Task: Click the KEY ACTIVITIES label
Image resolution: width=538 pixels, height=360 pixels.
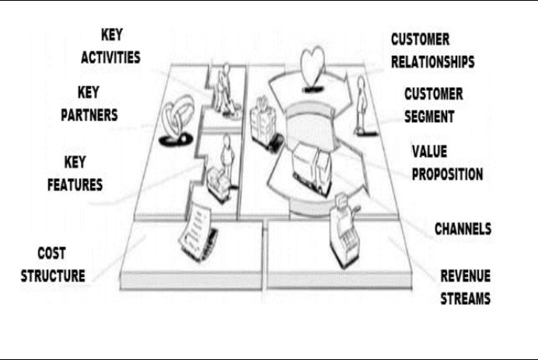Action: point(110,47)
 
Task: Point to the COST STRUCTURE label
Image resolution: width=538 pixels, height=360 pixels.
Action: point(61,264)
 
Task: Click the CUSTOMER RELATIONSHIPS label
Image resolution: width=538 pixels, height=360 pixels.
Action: point(432,49)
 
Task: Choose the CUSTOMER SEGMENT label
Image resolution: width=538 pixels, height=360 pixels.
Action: point(433,104)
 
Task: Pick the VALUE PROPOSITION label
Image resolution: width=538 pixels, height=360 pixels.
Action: point(446,162)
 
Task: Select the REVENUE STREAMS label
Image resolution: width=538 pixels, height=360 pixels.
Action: point(465,286)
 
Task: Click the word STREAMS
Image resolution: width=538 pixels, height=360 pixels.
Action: point(465,297)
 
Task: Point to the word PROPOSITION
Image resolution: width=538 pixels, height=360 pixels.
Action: point(446,173)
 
